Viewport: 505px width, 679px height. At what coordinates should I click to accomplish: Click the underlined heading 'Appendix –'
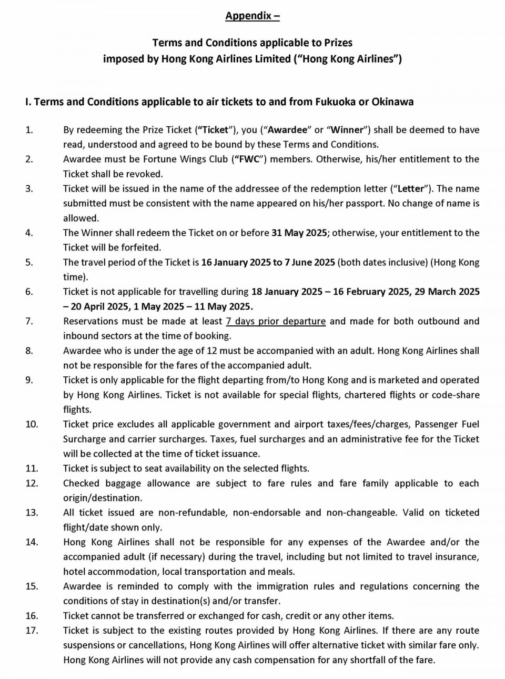click(252, 16)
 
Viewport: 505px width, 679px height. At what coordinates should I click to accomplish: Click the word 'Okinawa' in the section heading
click(392, 102)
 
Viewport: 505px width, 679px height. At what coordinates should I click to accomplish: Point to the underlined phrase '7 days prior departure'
click(276, 321)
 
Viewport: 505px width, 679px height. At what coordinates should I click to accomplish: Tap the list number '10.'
click(32, 424)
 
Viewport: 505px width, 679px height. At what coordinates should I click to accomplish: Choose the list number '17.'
click(32, 631)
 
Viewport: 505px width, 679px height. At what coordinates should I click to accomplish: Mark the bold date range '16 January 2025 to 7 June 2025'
click(268, 262)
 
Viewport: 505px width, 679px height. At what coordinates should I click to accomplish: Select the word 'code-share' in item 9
click(456, 395)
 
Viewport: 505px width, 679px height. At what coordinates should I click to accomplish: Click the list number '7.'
click(29, 321)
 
